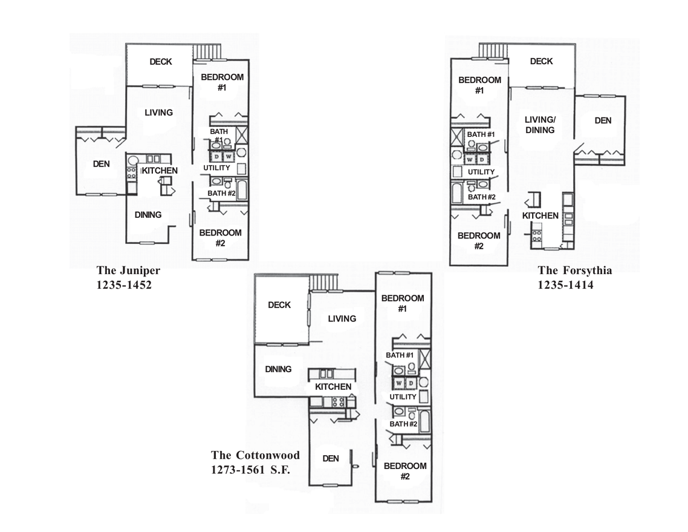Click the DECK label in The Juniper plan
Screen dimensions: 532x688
pos(161,62)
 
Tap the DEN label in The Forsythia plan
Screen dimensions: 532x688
pos(603,120)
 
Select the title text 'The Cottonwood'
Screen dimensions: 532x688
pos(255,455)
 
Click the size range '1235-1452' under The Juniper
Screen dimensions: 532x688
pos(124,285)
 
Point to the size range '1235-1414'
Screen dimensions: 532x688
pos(565,285)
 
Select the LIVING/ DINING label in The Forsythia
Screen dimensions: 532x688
pos(540,125)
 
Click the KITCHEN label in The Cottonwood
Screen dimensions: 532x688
pos(333,387)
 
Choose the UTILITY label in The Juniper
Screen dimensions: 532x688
pos(216,168)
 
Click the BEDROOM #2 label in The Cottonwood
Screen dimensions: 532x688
pos(404,471)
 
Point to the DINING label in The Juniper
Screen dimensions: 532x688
pos(148,215)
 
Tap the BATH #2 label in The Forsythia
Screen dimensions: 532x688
pos(482,197)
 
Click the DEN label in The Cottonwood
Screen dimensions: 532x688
pos(331,459)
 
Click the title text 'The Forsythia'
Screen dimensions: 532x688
pos(574,271)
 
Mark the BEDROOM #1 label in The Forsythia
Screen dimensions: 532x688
pos(479,85)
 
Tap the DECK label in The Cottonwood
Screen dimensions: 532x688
pos(279,305)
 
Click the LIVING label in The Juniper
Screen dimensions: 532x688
pos(159,113)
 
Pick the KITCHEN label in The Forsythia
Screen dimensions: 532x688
pos(540,216)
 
